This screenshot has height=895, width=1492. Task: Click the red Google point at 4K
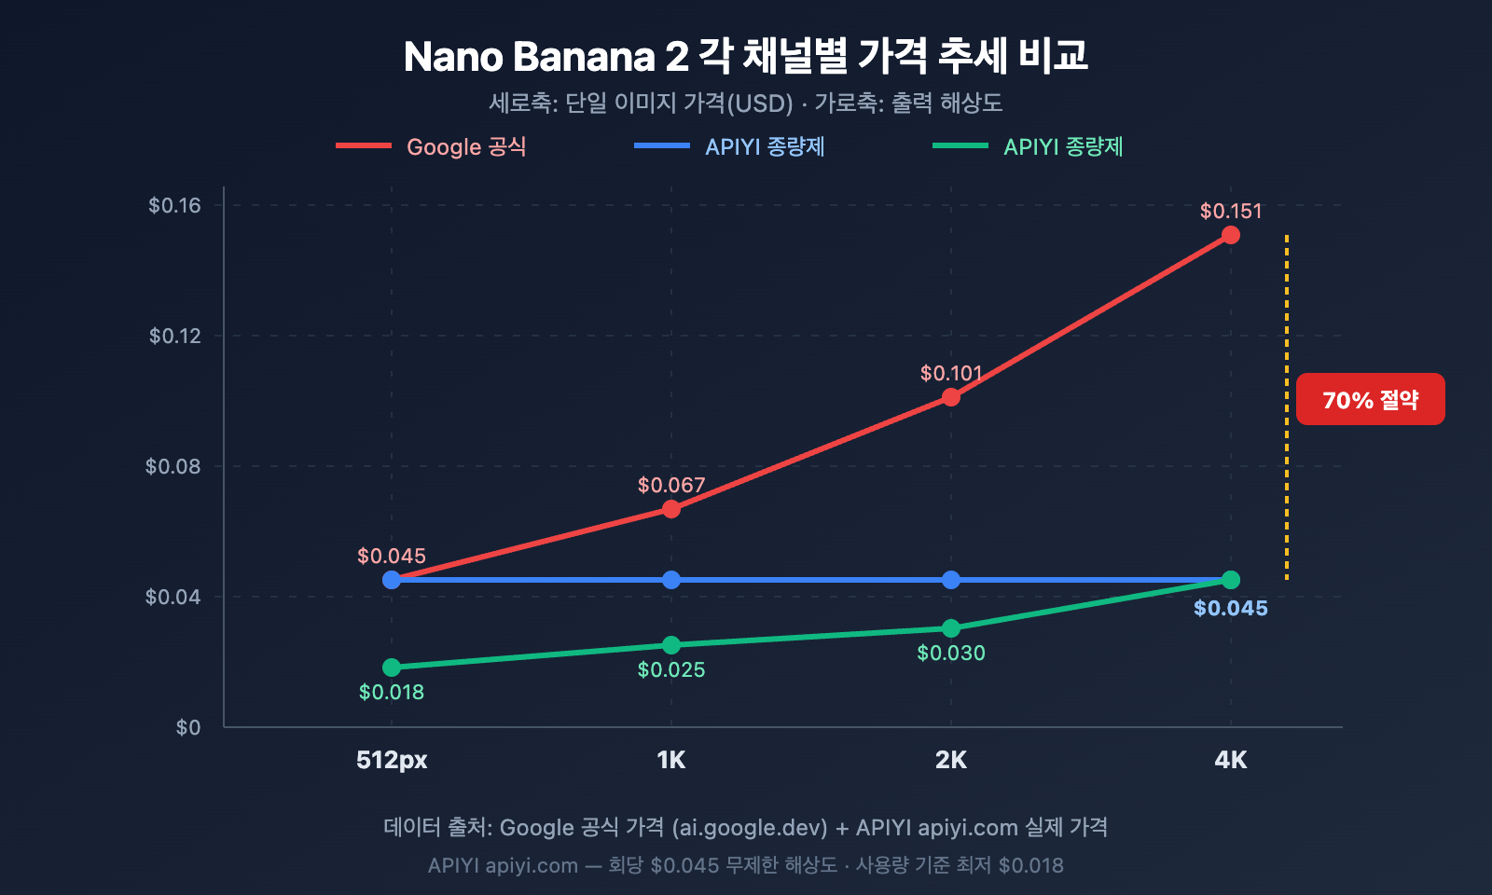click(1230, 235)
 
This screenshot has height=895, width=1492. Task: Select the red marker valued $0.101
click(950, 397)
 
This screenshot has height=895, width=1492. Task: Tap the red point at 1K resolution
click(670, 509)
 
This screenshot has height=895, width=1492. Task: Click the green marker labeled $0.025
click(670, 645)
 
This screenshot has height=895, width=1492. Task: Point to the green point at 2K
click(950, 628)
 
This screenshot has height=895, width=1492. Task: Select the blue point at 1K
click(670, 580)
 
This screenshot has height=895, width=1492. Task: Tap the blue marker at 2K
click(950, 580)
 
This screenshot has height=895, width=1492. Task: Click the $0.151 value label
click(1230, 211)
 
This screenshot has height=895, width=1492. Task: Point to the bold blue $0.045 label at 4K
click(1230, 608)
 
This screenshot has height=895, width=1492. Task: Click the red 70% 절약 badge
click(1370, 399)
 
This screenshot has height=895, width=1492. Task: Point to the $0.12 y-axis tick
click(175, 336)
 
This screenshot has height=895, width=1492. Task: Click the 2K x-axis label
click(950, 760)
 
